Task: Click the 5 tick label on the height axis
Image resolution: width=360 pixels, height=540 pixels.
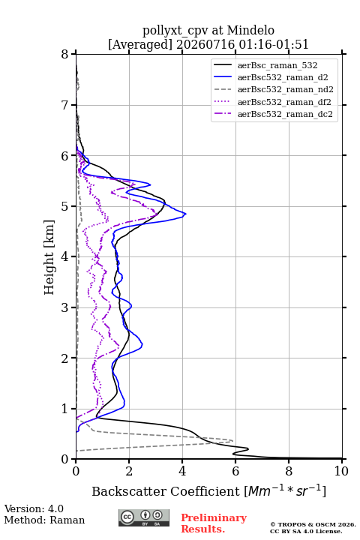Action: pos(65,206)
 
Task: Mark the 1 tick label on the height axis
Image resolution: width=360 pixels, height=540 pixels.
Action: pos(65,409)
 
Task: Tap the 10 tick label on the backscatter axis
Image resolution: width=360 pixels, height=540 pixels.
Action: pos(341,471)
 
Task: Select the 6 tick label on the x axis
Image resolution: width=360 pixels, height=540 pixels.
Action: pos(235,471)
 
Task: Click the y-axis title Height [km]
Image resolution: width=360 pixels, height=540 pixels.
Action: pos(49,257)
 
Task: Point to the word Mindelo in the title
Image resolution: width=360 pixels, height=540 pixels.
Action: pos(250,30)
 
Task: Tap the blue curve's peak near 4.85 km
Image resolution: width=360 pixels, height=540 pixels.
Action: pos(186,214)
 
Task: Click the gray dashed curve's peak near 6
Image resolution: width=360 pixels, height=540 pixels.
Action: pos(232,440)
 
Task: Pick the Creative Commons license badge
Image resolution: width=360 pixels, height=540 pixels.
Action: pos(144,517)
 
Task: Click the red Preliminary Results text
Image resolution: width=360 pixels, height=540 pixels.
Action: pos(214,523)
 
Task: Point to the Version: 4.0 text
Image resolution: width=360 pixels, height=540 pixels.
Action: pos(34,508)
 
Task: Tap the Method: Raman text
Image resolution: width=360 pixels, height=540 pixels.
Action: pos(44,520)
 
